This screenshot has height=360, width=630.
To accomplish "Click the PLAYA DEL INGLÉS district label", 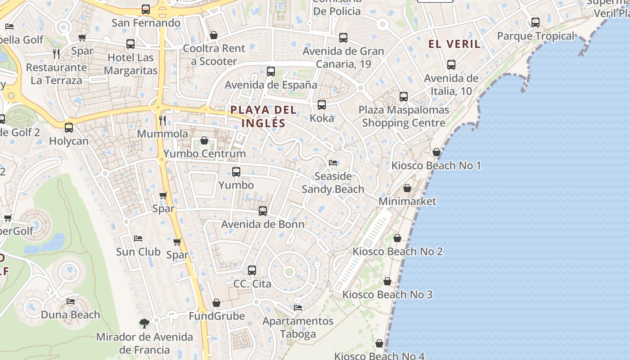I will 263,116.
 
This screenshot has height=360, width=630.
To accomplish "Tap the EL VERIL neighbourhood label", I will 454,44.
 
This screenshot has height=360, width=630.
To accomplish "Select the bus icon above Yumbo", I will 236,171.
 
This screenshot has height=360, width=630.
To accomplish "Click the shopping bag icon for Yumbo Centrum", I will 204,140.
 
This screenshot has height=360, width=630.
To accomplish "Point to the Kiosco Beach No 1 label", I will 436,166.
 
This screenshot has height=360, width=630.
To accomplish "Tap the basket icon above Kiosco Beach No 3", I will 387,281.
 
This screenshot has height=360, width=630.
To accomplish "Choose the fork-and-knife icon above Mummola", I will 162,120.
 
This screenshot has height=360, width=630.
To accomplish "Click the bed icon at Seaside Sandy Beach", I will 333,162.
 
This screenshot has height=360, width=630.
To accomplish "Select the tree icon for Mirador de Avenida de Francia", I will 144,323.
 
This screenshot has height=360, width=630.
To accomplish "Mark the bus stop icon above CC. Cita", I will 252,270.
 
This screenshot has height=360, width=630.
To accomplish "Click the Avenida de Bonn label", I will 263,224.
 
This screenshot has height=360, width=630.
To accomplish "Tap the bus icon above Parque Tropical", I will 535,22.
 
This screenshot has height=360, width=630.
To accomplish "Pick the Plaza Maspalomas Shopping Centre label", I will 404,116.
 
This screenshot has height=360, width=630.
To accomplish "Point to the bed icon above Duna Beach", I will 71,301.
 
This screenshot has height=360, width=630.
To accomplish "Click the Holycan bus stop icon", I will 69,127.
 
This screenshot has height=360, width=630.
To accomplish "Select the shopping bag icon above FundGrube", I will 216,303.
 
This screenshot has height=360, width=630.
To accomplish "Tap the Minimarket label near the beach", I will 407,201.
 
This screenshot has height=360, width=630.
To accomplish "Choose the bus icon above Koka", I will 322,105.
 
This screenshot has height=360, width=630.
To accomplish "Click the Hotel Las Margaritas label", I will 130,64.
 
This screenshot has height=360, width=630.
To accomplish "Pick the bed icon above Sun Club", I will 138,238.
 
